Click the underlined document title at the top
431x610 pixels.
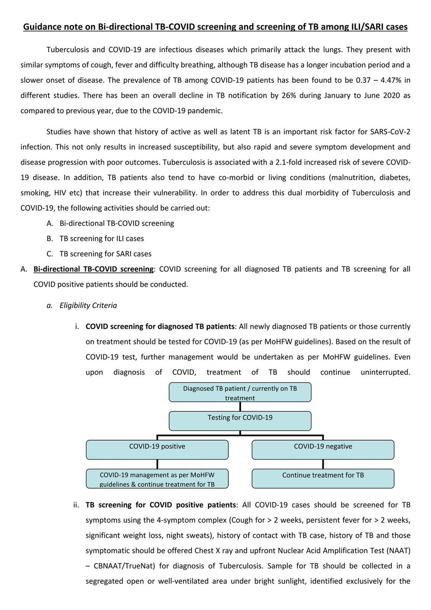(x=216, y=27)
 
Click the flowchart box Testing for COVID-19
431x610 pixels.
(x=240, y=420)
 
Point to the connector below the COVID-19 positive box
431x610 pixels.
(x=158, y=464)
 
